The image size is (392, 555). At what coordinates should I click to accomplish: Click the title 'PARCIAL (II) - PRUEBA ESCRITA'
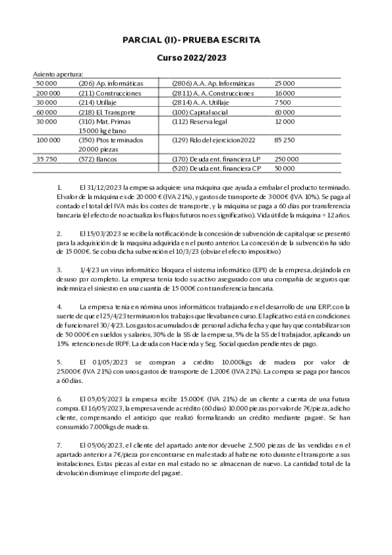tap(196, 41)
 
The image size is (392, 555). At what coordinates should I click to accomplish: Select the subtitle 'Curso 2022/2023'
tap(196, 58)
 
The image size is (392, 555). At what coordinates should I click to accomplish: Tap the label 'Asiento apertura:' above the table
tap(58, 75)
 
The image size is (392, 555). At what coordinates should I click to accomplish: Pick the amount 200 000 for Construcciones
tap(48, 94)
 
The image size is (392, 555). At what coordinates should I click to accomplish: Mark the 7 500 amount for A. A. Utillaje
tap(283, 103)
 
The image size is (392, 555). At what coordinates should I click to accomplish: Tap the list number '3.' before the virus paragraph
tap(60, 269)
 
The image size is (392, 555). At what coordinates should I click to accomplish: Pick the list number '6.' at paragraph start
tap(60, 397)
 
